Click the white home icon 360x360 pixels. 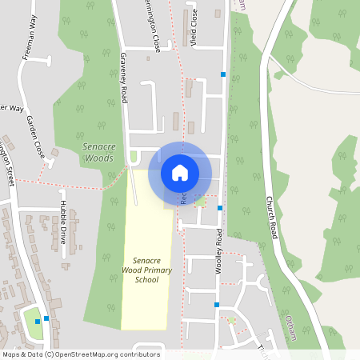pos(180,171)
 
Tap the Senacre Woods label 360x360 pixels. pos(102,153)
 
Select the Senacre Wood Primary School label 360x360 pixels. pos(146,270)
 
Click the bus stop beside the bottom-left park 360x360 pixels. pos(47,318)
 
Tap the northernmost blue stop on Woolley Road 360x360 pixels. pos(224,74)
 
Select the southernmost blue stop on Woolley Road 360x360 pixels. pos(216,304)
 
